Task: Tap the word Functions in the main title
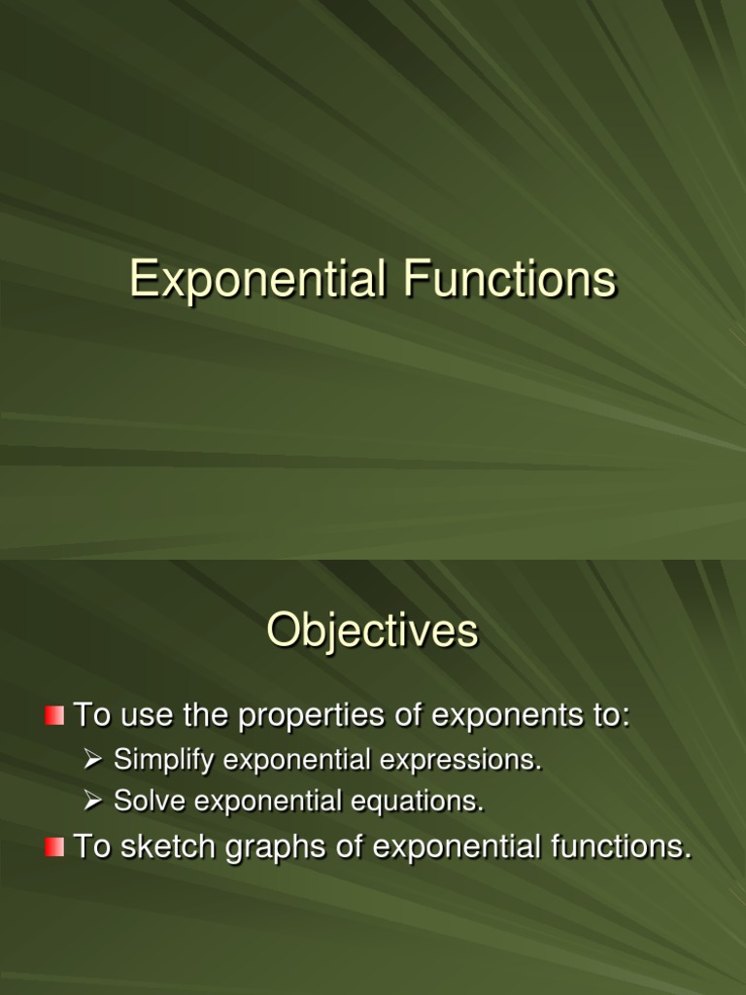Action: coord(511,281)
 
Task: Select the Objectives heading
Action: coord(373,632)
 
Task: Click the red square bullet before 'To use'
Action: coord(54,717)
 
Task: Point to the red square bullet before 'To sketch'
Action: coord(54,847)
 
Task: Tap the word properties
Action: coord(315,717)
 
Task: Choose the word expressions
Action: coord(461,760)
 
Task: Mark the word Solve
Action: coord(143,802)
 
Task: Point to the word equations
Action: coord(424,802)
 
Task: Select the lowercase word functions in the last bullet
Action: coord(620,847)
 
